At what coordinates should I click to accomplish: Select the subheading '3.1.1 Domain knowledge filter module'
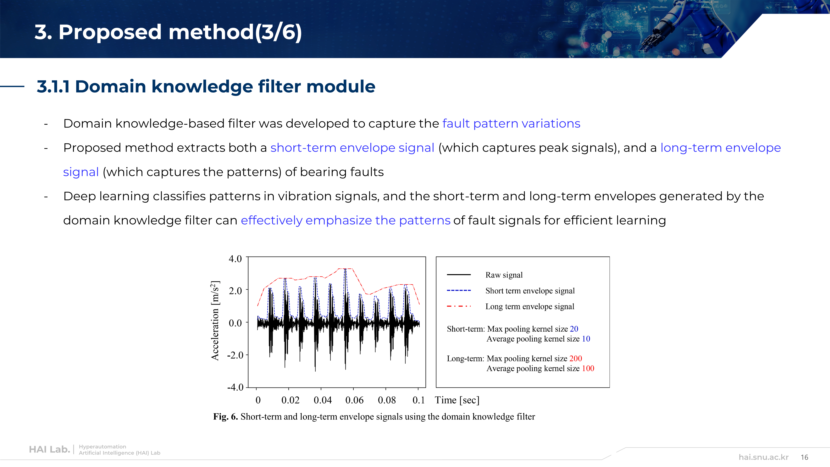point(206,86)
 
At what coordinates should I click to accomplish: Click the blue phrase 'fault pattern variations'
point(511,123)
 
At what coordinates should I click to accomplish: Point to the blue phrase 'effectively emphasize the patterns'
point(345,220)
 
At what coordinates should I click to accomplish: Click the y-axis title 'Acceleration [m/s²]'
point(215,321)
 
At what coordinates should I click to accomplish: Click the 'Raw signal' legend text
point(504,275)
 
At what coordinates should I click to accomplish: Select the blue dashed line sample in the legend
point(459,290)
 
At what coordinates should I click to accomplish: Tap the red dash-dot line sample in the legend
point(459,306)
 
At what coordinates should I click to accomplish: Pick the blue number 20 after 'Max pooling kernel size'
point(574,329)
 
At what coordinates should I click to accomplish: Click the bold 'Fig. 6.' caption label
point(226,417)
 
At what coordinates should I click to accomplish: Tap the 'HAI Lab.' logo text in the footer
point(50,450)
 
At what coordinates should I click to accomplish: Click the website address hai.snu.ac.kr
point(763,457)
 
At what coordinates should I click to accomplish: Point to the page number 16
point(804,457)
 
